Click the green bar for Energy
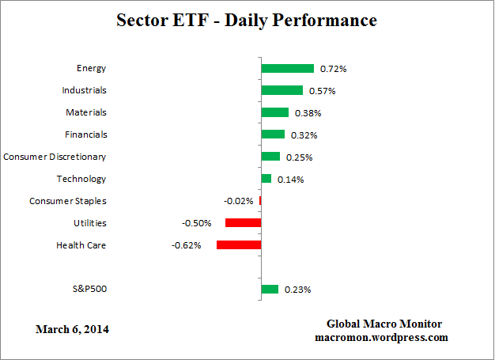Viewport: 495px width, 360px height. click(x=287, y=69)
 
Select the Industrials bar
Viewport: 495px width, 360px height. click(x=282, y=90)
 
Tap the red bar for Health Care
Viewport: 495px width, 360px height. click(x=238, y=245)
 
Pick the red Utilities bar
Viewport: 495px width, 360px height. click(x=243, y=223)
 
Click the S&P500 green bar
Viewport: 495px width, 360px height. click(x=270, y=290)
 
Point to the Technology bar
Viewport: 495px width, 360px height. click(x=266, y=179)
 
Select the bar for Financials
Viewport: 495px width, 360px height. click(x=273, y=135)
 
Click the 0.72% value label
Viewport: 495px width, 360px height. click(x=334, y=69)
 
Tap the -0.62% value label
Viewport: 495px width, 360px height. click(x=186, y=245)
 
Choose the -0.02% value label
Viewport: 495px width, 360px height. click(x=238, y=201)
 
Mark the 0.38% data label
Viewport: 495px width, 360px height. click(x=308, y=113)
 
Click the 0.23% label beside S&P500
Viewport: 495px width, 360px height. click(x=298, y=290)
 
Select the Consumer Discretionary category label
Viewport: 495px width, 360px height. click(x=55, y=157)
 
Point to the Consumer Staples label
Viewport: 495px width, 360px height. click(x=67, y=201)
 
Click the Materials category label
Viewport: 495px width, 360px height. click(x=86, y=112)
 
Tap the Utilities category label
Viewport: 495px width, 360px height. click(x=89, y=223)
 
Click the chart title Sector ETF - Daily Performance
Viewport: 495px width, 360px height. click(x=247, y=20)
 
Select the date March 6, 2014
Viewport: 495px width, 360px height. click(x=73, y=329)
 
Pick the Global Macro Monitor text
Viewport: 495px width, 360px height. click(x=384, y=324)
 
